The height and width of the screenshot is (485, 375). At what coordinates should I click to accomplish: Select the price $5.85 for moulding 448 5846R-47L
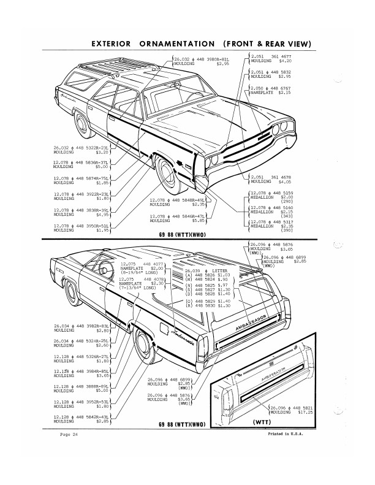pos(188,220)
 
